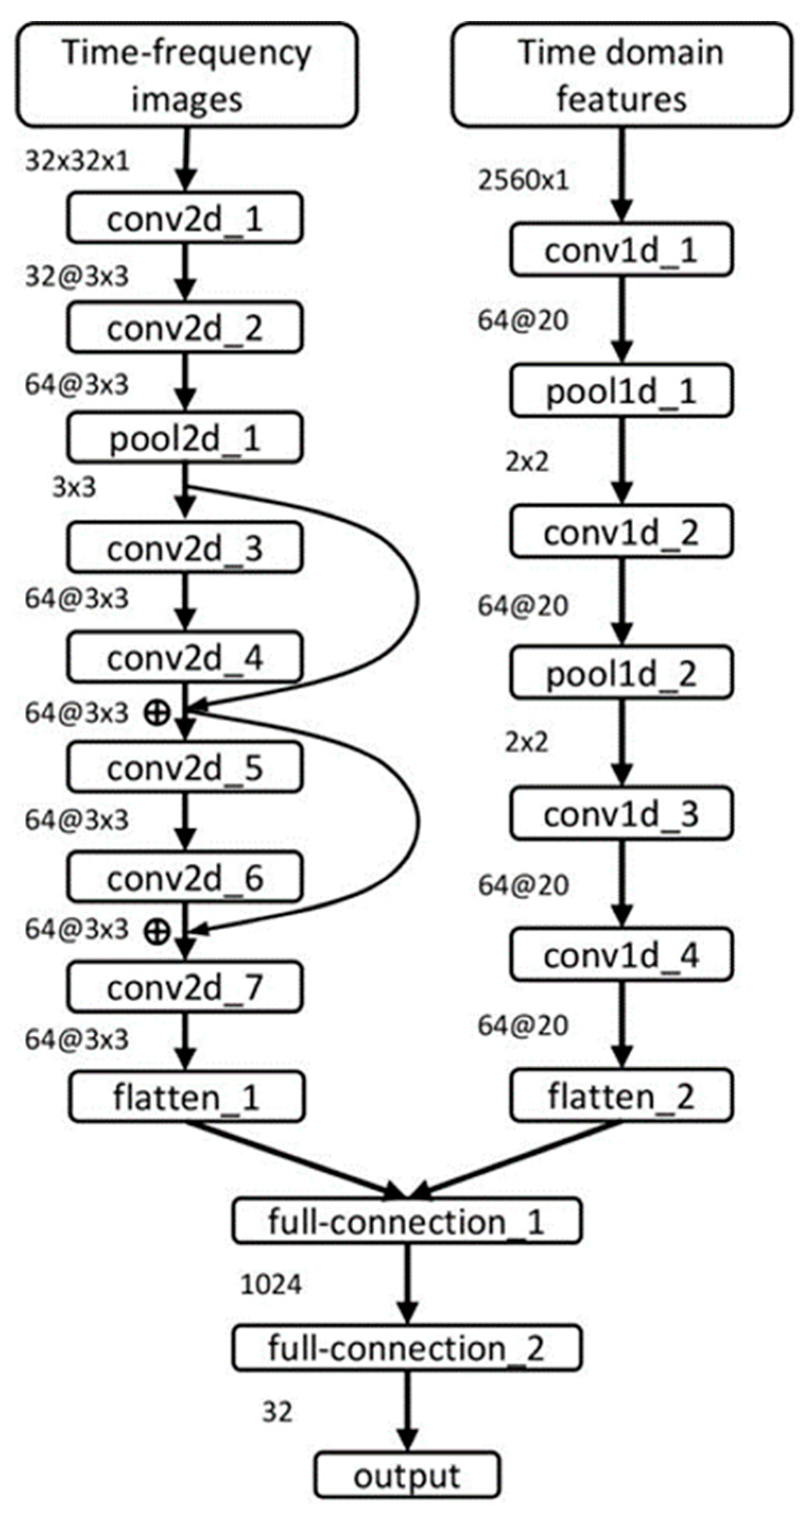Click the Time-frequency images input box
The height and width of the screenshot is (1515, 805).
click(187, 75)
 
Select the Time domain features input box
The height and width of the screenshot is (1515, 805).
click(622, 75)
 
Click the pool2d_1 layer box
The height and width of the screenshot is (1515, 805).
click(185, 438)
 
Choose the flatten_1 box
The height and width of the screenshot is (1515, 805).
click(187, 1098)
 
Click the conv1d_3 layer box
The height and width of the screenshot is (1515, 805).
click(621, 815)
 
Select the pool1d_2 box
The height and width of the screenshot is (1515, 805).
click(621, 673)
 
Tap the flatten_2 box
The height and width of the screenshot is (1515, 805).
click(621, 1096)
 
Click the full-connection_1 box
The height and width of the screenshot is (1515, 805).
click(407, 1222)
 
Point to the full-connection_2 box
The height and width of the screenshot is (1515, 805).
click(407, 1348)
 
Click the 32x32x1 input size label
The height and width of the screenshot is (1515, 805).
click(77, 161)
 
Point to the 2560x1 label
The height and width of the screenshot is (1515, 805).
click(523, 180)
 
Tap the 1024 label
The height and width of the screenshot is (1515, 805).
click(271, 1285)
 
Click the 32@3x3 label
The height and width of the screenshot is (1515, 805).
click(77, 276)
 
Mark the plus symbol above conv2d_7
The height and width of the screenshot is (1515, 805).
click(156, 931)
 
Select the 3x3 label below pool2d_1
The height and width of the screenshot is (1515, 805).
click(74, 487)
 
